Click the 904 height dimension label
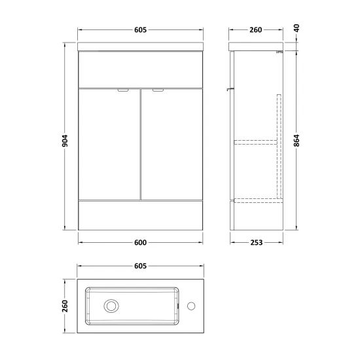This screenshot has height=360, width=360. tap(65, 141)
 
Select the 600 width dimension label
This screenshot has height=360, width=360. tap(140, 242)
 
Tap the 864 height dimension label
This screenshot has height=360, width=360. tap(297, 141)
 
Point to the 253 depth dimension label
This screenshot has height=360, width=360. tap(256, 242)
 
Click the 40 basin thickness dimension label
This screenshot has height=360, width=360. tap(297, 28)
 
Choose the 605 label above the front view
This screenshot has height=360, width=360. tap(140, 30)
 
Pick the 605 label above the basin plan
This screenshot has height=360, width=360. tap(140, 266)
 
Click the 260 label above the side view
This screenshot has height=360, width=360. tap(256, 30)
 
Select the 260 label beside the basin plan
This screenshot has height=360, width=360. tap(65, 306)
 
